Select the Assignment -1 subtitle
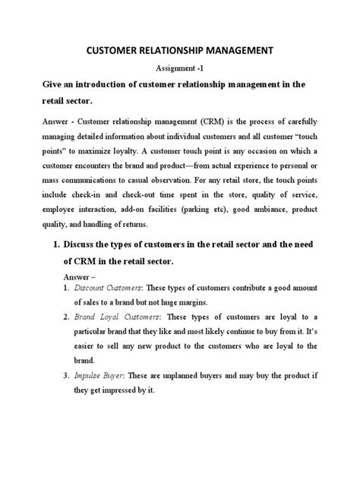point(179,68)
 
